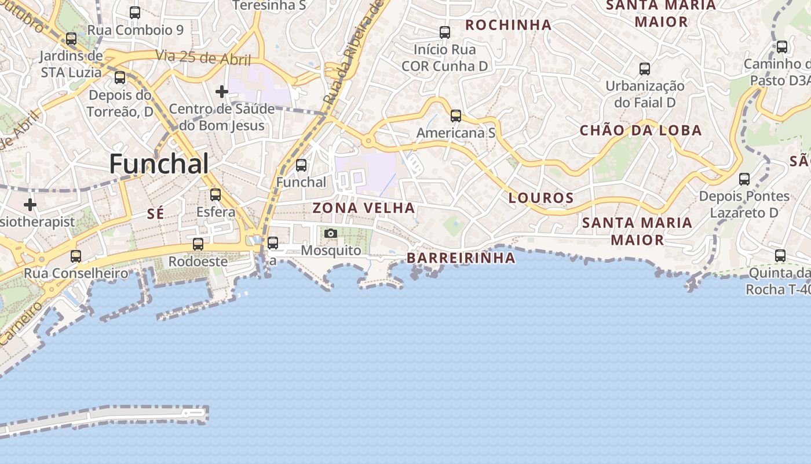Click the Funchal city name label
pos(159,164)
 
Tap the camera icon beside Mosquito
pos(331,233)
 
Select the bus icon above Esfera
pos(215,194)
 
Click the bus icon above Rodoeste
pos(198,244)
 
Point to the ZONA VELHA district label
pos(364,208)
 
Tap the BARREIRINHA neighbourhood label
pos(461,258)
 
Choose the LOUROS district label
pos(541,198)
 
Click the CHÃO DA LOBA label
pos(641,130)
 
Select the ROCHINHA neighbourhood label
pos(508,25)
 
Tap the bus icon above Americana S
pos(456,116)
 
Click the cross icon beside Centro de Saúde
pos(221,92)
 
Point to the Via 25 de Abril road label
pos(203,58)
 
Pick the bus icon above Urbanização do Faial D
pos(645,69)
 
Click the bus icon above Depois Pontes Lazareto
pos(744,179)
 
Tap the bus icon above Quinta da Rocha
pos(780,255)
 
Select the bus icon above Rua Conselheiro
pos(76,256)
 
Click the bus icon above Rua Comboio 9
pos(135,12)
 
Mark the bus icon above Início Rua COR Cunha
pos(445,32)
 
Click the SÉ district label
pos(155,214)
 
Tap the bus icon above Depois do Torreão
pos(120,78)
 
